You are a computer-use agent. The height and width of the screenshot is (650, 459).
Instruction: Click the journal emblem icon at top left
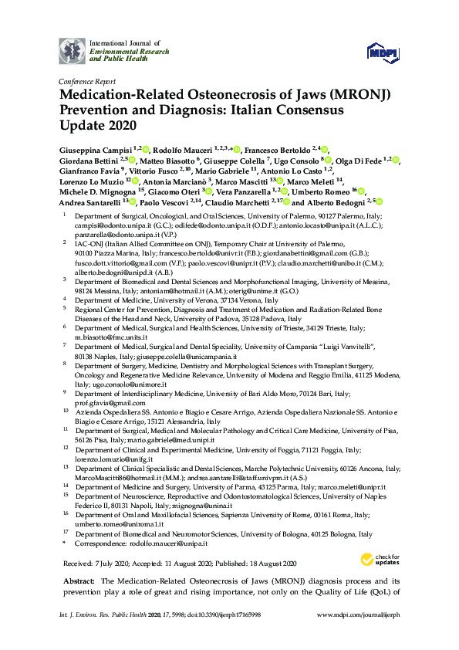tap(72, 51)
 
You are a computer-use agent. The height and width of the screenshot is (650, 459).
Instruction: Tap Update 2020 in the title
tap(97, 124)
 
